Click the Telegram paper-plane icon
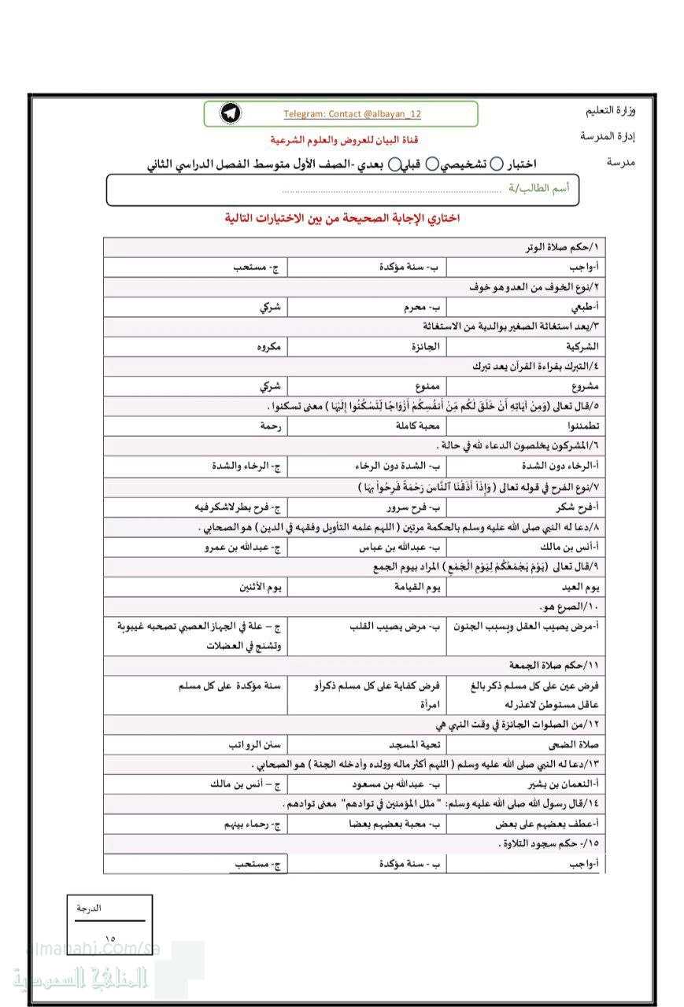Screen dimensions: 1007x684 pyautogui.click(x=231, y=113)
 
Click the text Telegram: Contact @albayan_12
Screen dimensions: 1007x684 pyautogui.click(x=352, y=114)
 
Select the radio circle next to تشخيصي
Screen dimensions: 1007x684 pyautogui.click(x=497, y=164)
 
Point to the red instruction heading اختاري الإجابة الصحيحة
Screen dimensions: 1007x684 pyautogui.click(x=342, y=218)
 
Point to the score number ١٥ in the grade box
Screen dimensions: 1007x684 pyautogui.click(x=109, y=938)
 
